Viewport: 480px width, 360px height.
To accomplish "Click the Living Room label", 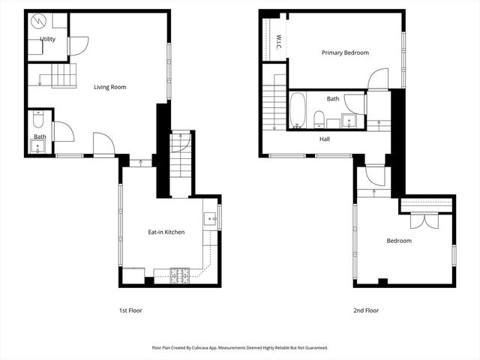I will point(109,87).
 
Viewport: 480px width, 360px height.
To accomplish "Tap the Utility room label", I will point(47,39).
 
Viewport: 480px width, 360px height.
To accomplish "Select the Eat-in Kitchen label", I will point(166,232).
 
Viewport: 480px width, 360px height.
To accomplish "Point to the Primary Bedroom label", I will point(345,52).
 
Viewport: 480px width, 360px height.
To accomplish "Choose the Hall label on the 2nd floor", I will point(325,139).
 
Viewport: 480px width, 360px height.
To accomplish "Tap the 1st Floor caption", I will point(130,310).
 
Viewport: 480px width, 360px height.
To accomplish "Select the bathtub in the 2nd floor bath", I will point(297,109).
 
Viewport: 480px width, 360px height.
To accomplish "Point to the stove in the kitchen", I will point(180,276).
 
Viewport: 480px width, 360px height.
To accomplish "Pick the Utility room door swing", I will point(77,46).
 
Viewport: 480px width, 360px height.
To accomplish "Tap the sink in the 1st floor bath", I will point(37,142).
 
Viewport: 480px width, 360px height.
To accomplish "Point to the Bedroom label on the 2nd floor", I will point(399,241).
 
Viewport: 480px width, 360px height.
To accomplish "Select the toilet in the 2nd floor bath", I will point(319,118).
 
